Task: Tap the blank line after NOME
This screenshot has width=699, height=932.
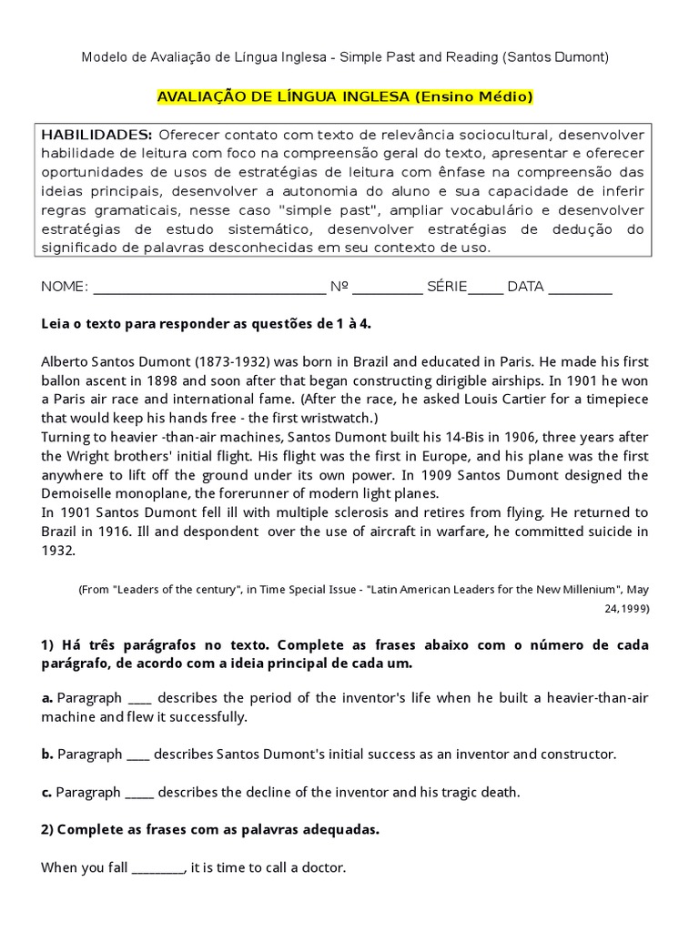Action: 209,288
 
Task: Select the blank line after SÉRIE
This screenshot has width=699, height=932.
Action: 486,288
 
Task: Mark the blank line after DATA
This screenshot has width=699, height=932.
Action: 581,288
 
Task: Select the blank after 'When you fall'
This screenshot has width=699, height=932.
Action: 158,869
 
